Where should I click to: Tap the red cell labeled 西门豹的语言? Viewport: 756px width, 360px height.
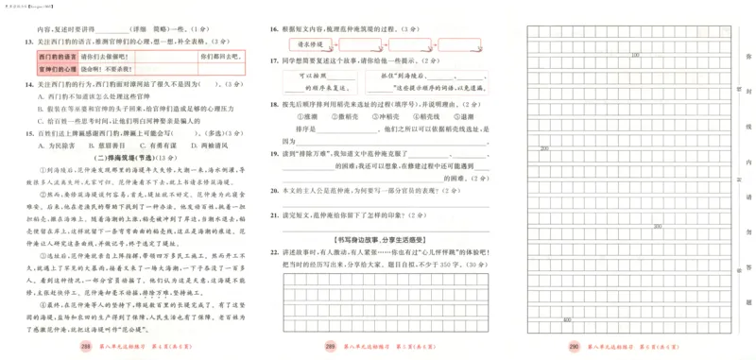point(38,57)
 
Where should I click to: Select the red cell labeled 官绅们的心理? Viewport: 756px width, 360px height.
point(38,69)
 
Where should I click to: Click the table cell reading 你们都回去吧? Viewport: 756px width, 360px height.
point(215,57)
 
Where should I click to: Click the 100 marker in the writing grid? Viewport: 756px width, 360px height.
point(635,56)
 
